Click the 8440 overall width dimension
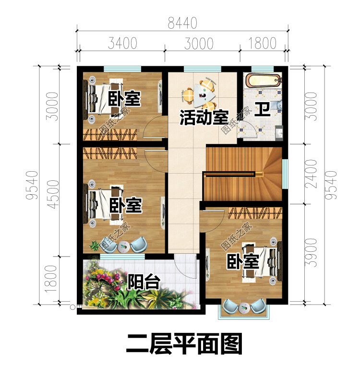tap(182, 23)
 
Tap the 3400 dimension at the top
tap(122, 43)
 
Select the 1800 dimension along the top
tap(263, 43)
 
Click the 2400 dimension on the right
tap(311, 174)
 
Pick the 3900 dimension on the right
tap(311, 253)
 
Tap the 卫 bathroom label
tap(263, 109)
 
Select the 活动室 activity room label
tap(204, 117)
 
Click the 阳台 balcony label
tap(144, 281)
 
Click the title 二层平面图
tap(184, 344)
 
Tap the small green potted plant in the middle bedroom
tap(94, 246)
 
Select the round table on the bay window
tap(244, 308)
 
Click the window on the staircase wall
tap(285, 174)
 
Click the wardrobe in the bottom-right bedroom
tap(255, 213)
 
